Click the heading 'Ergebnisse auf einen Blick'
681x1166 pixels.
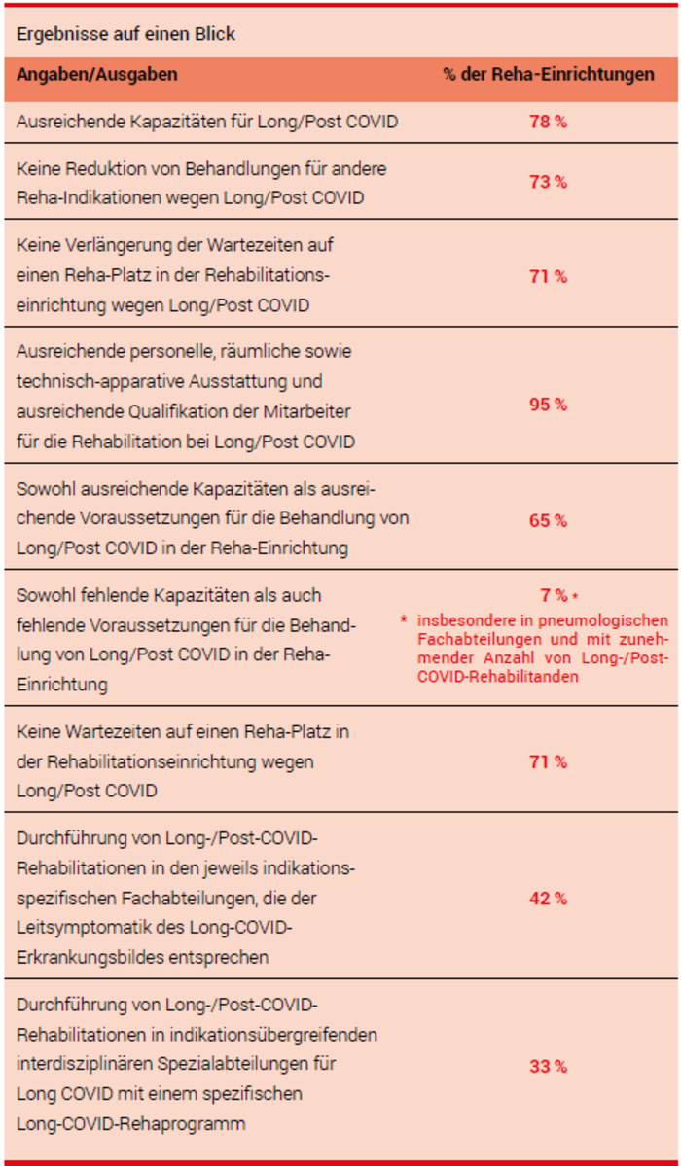point(125,34)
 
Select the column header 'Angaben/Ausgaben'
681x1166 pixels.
point(97,75)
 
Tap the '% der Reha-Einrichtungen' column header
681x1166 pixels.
point(548,75)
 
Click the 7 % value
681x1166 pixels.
point(554,595)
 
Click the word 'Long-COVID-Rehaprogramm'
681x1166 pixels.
point(130,1124)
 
